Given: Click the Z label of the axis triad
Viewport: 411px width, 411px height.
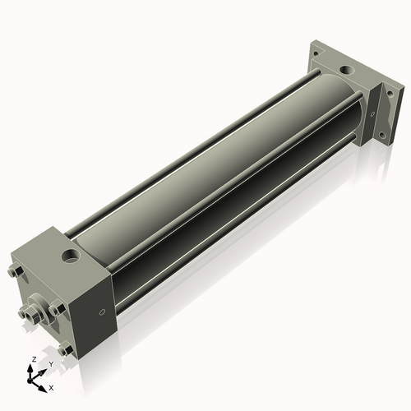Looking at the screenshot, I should [x=31, y=360].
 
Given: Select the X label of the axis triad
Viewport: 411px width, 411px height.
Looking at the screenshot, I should [x=51, y=386].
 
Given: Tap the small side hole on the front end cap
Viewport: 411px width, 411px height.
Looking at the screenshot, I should [x=102, y=312].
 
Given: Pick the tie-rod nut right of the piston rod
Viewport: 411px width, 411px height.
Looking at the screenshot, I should [x=56, y=309].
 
